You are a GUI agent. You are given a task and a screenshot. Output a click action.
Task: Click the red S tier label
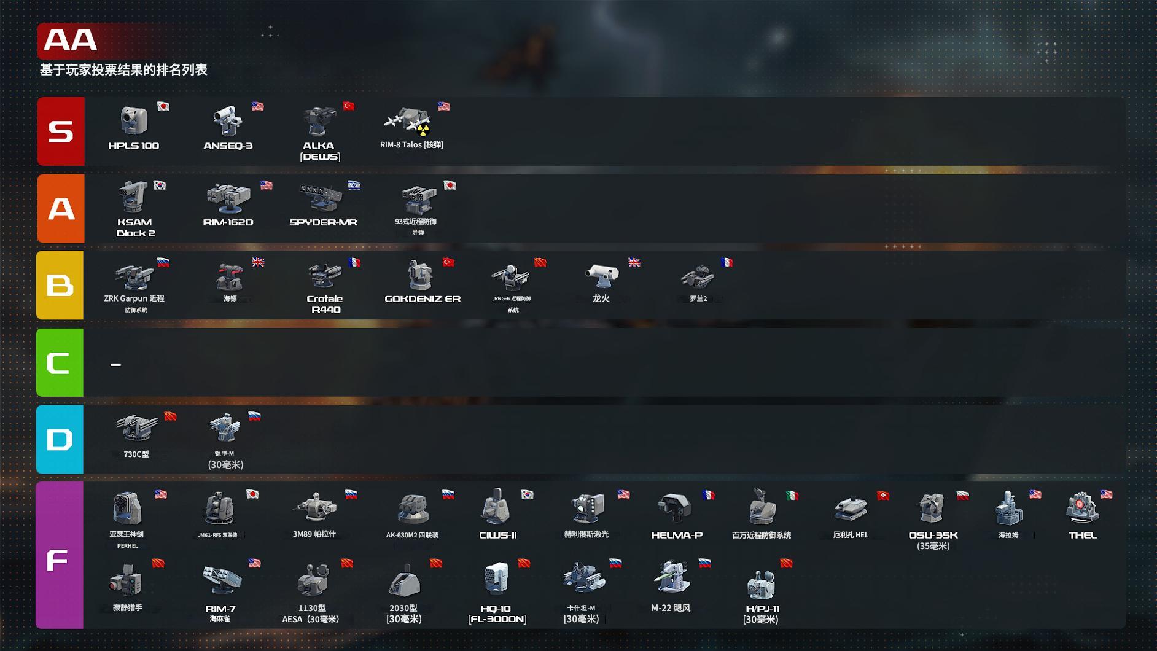[x=60, y=131]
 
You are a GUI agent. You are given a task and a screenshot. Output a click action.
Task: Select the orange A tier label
[x=60, y=209]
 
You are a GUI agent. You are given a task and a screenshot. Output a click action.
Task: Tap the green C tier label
[x=60, y=362]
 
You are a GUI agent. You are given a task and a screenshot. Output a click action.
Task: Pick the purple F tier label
[x=59, y=555]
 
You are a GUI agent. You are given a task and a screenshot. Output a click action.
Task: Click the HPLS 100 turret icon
[x=133, y=120]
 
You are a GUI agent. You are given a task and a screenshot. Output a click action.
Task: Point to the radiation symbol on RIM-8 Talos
[x=423, y=131]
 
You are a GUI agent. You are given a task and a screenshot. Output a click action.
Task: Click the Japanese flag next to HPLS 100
[x=163, y=106]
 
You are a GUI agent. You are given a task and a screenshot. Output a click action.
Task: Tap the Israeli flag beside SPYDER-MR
[x=354, y=185]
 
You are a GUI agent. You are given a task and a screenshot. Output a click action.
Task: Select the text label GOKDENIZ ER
[x=423, y=299]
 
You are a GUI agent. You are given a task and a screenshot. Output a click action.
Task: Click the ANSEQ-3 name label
[x=228, y=146]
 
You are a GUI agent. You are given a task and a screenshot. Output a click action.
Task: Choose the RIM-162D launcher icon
[x=228, y=198]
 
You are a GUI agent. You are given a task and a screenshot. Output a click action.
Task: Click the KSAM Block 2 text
[x=135, y=227]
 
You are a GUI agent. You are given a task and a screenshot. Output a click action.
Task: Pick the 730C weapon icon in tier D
[x=136, y=427]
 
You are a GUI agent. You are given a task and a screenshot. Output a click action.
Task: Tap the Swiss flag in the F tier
[x=882, y=496]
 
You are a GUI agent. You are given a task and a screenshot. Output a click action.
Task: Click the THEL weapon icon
[x=1082, y=509]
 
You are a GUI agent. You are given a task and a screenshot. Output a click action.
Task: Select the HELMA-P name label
[x=676, y=536]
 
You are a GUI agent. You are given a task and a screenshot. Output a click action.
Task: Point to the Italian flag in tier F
[x=792, y=495]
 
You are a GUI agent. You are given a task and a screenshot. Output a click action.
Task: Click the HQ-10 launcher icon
[x=496, y=579]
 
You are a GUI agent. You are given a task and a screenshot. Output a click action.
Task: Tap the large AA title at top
[x=71, y=41]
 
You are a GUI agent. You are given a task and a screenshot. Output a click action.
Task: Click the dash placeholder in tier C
[x=115, y=364]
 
